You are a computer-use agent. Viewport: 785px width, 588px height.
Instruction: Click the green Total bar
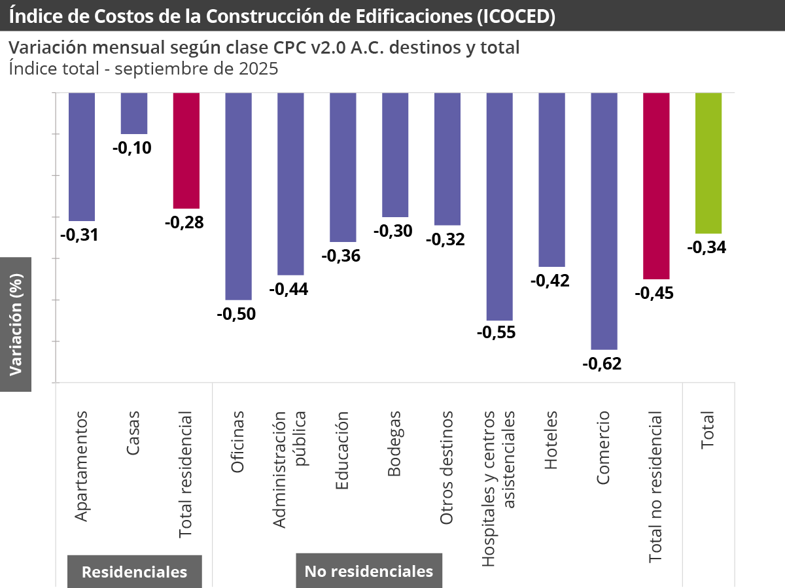pyautogui.click(x=708, y=162)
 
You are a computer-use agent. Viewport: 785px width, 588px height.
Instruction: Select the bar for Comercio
pyautogui.click(x=604, y=220)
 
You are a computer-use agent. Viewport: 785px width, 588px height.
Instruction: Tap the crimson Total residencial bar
pyautogui.click(x=186, y=150)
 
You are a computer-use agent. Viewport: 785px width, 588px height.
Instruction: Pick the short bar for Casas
pyautogui.click(x=134, y=112)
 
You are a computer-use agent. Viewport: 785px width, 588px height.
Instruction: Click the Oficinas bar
pyautogui.click(x=238, y=196)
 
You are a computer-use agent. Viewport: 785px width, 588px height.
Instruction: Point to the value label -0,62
pyautogui.click(x=602, y=364)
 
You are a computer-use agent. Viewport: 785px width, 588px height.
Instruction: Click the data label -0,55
pyautogui.click(x=497, y=332)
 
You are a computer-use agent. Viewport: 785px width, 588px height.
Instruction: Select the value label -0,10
pyautogui.click(x=132, y=148)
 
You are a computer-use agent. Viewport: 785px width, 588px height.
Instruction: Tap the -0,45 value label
pyautogui.click(x=654, y=293)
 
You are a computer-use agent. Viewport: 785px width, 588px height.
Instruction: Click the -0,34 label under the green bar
pyautogui.click(x=707, y=247)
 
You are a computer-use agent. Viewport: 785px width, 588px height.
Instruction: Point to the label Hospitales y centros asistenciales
pyautogui.click(x=498, y=488)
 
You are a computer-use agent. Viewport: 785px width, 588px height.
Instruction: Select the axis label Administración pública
pyautogui.click(x=288, y=470)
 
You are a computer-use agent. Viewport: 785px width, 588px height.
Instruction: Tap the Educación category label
pyautogui.click(x=342, y=451)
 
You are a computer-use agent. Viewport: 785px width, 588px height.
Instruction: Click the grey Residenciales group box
pyautogui.click(x=134, y=571)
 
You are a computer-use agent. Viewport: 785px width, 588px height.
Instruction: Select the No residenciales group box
pyautogui.click(x=369, y=571)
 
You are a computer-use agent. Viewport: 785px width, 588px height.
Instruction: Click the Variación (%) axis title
pyautogui.click(x=16, y=324)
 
